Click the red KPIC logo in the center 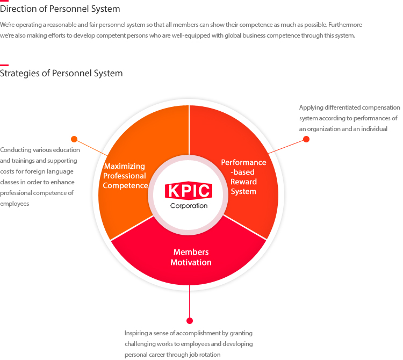(189, 190)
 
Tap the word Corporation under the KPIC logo (189, 206)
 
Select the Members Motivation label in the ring (191, 257)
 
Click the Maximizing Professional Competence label (125, 176)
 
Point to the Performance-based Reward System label (243, 177)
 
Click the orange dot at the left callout (74, 139)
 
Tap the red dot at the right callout (306, 139)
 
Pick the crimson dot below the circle (190, 320)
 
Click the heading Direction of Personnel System (60, 9)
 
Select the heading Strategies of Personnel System (61, 73)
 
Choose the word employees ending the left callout (15, 204)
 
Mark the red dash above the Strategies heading (4, 65)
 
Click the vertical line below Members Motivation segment (190, 301)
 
